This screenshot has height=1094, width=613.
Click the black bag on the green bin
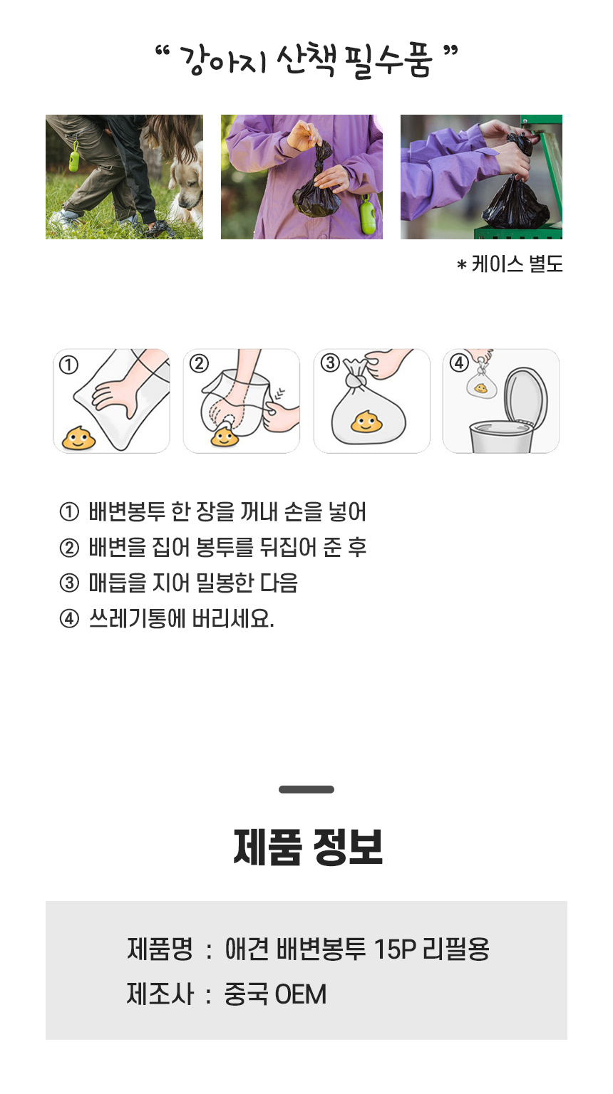tap(516, 195)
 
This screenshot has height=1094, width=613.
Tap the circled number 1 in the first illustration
tap(68, 365)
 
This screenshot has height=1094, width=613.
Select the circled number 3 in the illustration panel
tap(330, 363)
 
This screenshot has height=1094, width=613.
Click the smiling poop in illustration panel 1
tap(78, 438)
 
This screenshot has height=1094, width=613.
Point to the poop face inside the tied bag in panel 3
tap(366, 421)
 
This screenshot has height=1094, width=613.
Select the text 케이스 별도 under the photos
tap(517, 264)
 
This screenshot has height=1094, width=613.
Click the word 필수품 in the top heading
tap(388, 60)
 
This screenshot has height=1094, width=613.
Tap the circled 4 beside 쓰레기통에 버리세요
tap(69, 619)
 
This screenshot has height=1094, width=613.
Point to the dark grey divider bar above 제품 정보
tap(306, 789)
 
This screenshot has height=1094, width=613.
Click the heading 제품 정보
tap(308, 848)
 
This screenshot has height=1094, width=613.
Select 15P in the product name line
tap(394, 949)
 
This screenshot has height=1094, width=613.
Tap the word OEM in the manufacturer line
tap(300, 994)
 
